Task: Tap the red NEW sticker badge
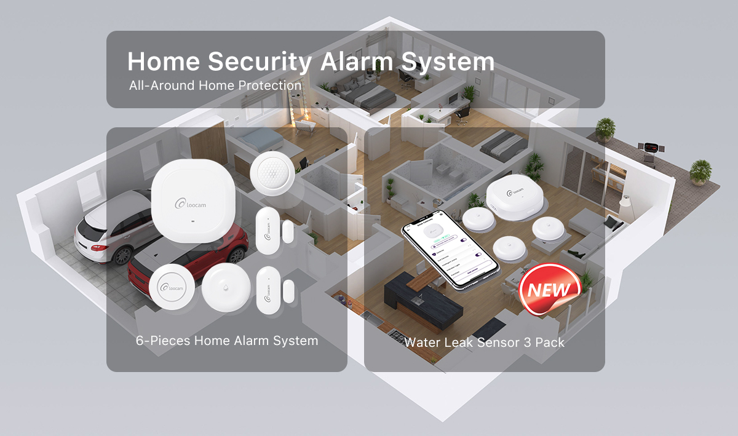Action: point(549,289)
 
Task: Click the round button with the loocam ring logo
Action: point(172,287)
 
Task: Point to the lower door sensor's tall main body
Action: point(268,290)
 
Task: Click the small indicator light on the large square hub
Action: point(193,221)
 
